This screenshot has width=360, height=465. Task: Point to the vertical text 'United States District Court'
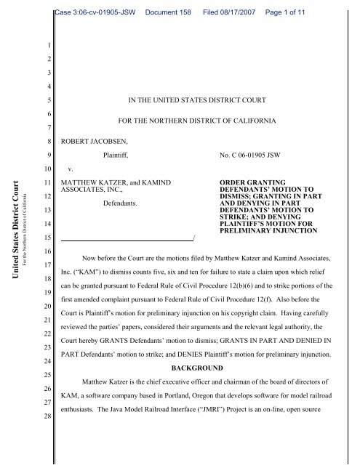click(x=11, y=219)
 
